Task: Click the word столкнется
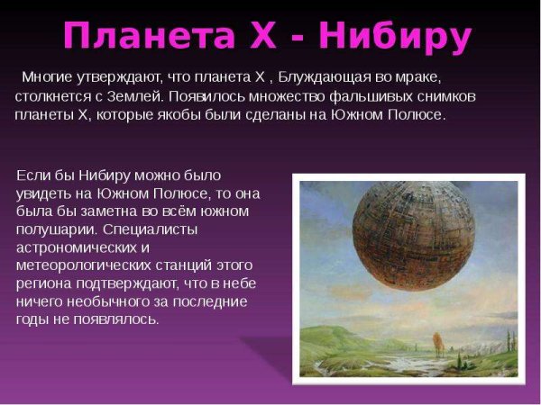(54, 96)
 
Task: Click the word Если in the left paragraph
(32, 174)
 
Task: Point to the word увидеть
(44, 193)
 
